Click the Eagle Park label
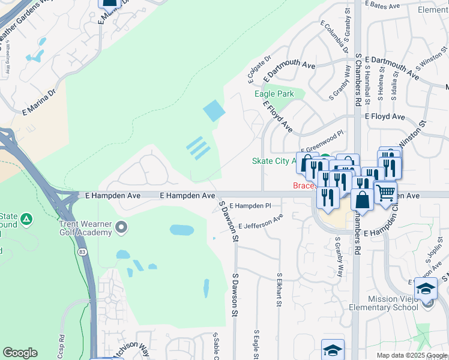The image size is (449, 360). tap(274, 94)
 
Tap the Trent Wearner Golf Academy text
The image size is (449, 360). tap(86, 228)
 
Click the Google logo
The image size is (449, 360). tap(20, 353)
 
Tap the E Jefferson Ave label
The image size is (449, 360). tap(260, 222)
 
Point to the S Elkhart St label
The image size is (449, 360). tap(279, 290)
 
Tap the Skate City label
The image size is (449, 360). tap(274, 161)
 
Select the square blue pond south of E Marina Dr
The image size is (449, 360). tap(214, 110)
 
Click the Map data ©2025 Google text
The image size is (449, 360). tap(412, 355)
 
